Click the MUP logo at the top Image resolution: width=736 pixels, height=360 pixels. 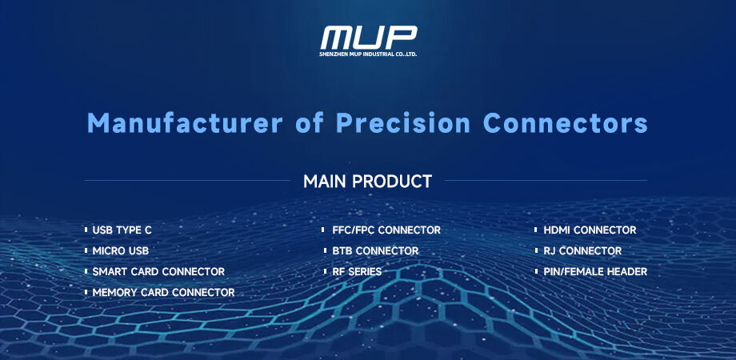369,37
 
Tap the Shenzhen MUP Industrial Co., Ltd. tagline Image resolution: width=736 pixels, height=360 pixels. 369,54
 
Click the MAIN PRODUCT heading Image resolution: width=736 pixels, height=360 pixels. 367,182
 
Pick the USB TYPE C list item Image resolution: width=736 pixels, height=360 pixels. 122,230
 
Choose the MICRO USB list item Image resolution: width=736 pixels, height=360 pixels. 121,251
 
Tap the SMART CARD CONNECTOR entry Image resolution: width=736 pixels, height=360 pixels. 158,272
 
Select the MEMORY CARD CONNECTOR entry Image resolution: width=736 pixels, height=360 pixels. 163,293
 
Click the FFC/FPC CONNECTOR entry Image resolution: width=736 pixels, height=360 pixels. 386,230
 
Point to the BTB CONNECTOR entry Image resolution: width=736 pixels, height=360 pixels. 375,251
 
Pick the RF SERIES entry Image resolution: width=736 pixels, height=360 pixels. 357,272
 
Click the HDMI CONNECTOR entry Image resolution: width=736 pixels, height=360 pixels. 590,230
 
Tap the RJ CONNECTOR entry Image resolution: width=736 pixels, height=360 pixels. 582,251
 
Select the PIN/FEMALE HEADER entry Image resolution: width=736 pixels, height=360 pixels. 595,272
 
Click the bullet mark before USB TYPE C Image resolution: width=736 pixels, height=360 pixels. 86,230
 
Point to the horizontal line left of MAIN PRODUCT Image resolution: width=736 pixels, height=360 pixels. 187,181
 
